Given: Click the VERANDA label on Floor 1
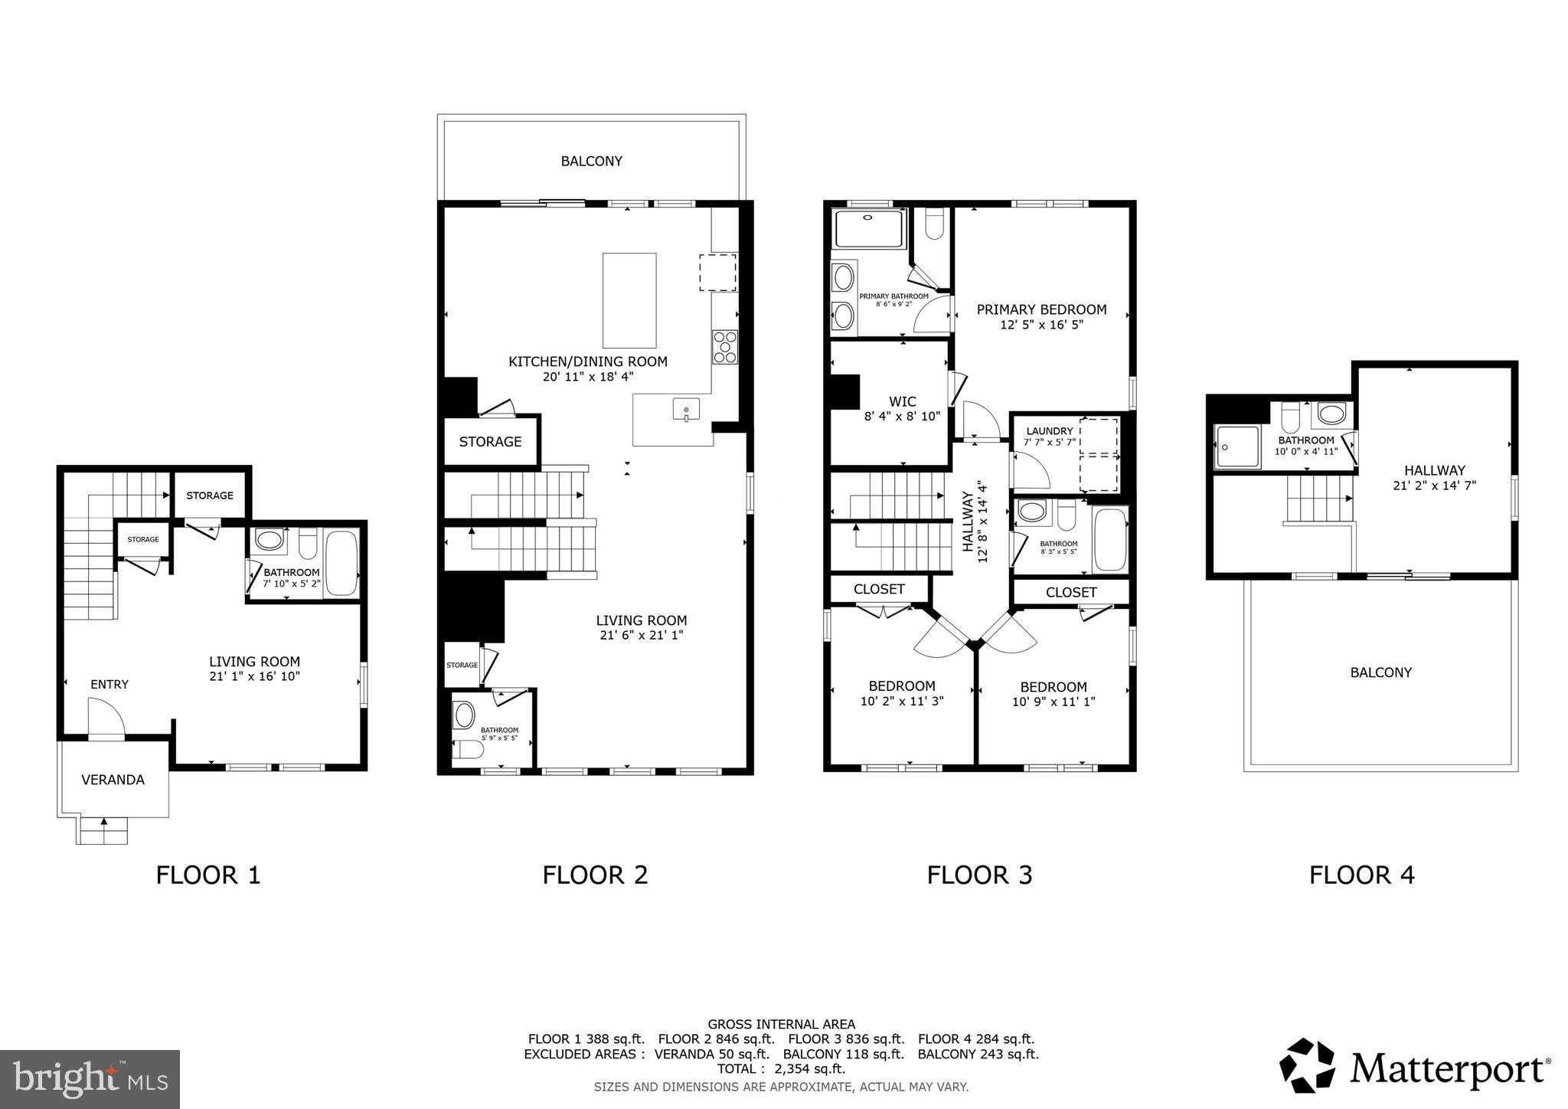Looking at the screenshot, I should pyautogui.click(x=113, y=780).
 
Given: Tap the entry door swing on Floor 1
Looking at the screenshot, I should pyautogui.click(x=106, y=719).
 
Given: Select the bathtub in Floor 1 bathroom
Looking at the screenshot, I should pyautogui.click(x=341, y=563).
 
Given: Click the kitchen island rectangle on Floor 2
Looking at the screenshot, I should pyautogui.click(x=629, y=300).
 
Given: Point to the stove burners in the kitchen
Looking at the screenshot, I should pyautogui.click(x=724, y=346).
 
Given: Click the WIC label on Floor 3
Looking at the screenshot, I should pyautogui.click(x=902, y=401).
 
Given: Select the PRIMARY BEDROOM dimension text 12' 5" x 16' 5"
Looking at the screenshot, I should pyautogui.click(x=1041, y=325).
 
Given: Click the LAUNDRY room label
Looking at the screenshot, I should pyautogui.click(x=1050, y=431).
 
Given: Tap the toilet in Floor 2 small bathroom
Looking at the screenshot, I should pyautogui.click(x=468, y=748).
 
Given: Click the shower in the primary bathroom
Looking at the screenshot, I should pyautogui.click(x=869, y=228).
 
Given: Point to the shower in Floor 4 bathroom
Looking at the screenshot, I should pyautogui.click(x=1236, y=447).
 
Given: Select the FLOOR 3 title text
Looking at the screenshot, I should pyautogui.click(x=979, y=875).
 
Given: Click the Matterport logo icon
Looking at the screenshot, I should pyautogui.click(x=1308, y=1065).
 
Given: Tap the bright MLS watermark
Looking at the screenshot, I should pyautogui.click(x=90, y=1079).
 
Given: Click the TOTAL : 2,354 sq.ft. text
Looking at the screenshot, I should pyautogui.click(x=780, y=1068).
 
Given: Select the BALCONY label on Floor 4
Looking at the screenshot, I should pyautogui.click(x=1380, y=672).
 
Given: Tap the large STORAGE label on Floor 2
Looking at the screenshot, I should pyautogui.click(x=490, y=442).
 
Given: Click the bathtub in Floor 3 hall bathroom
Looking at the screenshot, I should pyautogui.click(x=1109, y=540).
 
